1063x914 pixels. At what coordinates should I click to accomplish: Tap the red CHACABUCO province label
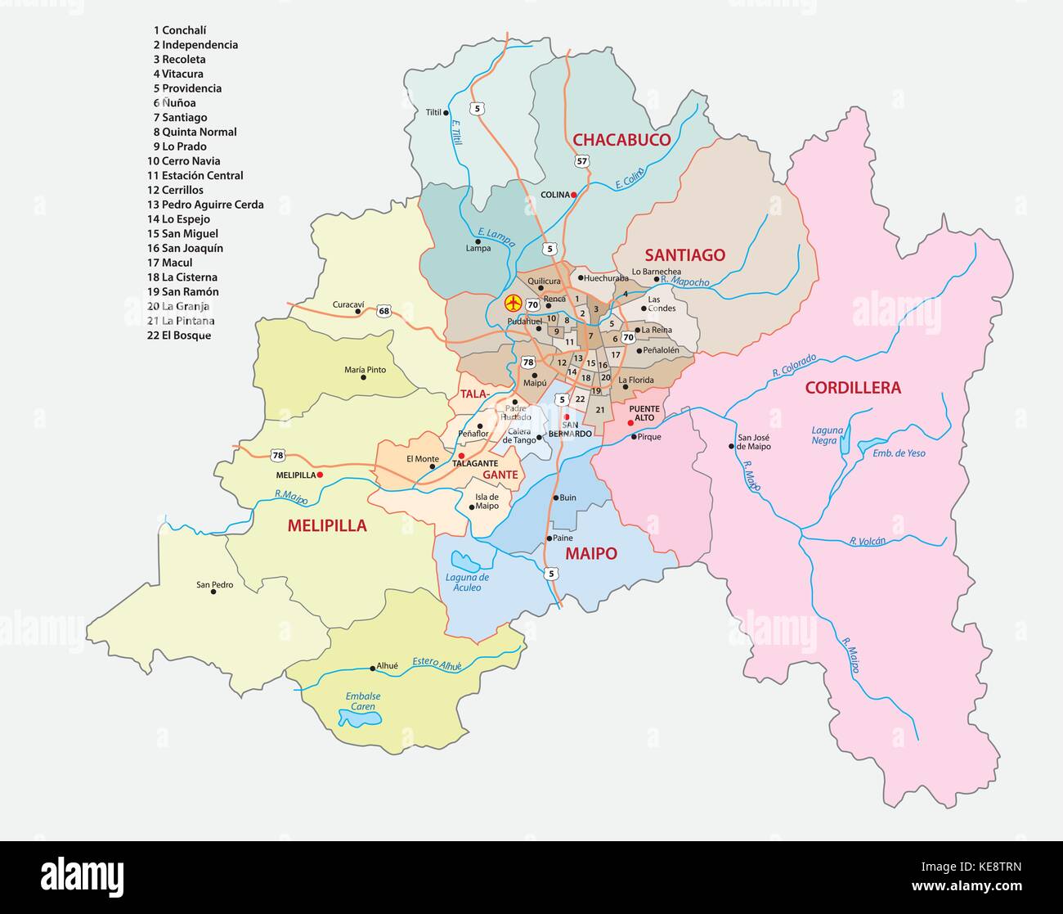point(621,140)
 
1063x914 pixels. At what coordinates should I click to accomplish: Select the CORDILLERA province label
point(853,388)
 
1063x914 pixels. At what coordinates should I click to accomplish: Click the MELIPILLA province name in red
point(327,526)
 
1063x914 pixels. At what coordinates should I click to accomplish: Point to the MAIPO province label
point(590,554)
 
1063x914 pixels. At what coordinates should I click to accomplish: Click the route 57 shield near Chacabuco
point(581,161)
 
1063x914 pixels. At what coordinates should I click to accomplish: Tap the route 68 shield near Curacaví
point(384,311)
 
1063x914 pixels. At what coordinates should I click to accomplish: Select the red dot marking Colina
point(574,195)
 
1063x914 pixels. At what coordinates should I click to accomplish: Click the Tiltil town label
point(433,112)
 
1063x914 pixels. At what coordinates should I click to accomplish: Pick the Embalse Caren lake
point(361,719)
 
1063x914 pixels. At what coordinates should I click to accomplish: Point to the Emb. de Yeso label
point(899,452)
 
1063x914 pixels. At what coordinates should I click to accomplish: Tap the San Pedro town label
point(214,585)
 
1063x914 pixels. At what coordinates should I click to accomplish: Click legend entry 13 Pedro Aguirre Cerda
point(205,205)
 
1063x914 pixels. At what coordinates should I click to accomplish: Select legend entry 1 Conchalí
point(179,30)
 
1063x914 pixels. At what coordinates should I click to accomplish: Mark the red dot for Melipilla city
point(320,475)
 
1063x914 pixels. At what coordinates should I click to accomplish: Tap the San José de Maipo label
point(753,442)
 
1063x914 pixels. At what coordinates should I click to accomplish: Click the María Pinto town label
point(365,370)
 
